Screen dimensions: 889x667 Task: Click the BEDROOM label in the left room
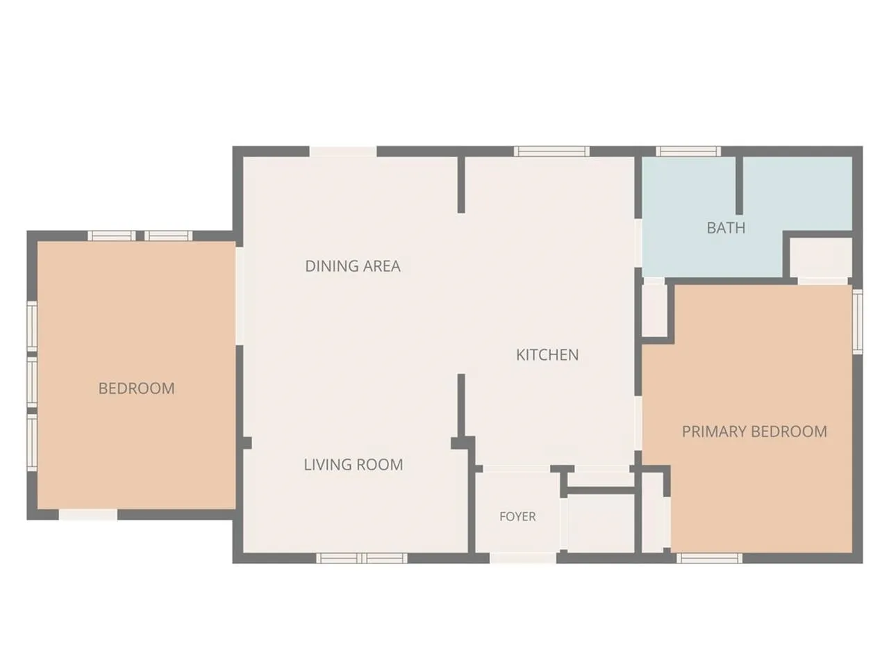pyautogui.click(x=137, y=389)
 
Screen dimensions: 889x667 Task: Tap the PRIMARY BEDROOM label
pyautogui.click(x=754, y=431)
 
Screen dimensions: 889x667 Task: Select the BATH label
pyautogui.click(x=726, y=228)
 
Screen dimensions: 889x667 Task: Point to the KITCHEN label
pyautogui.click(x=547, y=355)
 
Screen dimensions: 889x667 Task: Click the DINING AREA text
pyautogui.click(x=353, y=266)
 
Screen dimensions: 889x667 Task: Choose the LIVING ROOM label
pyautogui.click(x=354, y=465)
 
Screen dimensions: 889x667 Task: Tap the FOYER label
pyautogui.click(x=517, y=516)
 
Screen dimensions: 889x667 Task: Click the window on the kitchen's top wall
pyautogui.click(x=551, y=151)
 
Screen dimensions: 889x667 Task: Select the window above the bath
pyautogui.click(x=688, y=151)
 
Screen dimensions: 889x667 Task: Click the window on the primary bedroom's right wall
pyautogui.click(x=858, y=322)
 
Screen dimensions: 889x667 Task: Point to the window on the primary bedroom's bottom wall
pyautogui.click(x=709, y=559)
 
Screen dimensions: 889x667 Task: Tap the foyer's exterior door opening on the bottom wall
pyautogui.click(x=523, y=558)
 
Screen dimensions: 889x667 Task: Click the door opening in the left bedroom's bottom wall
pyautogui.click(x=88, y=515)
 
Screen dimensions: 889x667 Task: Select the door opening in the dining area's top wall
pyautogui.click(x=343, y=151)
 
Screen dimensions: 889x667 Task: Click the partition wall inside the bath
pyautogui.click(x=739, y=186)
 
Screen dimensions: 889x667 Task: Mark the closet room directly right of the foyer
pyautogui.click(x=601, y=522)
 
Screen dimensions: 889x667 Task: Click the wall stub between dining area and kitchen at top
pyautogui.click(x=461, y=185)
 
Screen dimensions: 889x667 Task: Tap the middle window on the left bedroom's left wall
pyautogui.click(x=32, y=381)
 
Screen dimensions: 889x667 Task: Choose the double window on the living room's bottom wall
pyautogui.click(x=362, y=559)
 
